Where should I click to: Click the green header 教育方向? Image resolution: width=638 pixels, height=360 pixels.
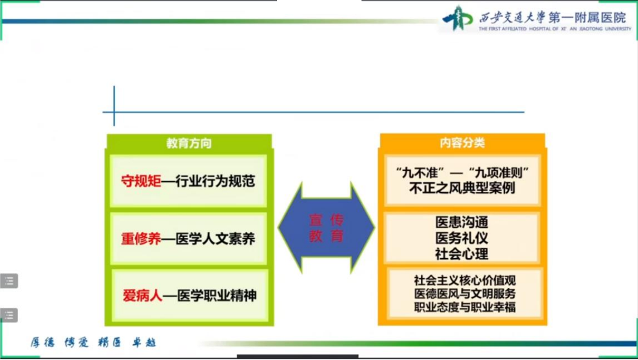pos(189,143)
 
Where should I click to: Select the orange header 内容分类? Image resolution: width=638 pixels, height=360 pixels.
pos(462,142)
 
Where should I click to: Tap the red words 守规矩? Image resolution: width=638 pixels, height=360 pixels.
pos(141,181)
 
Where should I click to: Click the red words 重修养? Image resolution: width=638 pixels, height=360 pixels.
pos(141,238)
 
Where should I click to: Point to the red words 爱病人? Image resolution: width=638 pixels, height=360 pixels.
pos(142,295)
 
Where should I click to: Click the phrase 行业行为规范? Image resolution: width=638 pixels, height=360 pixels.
pos(215,181)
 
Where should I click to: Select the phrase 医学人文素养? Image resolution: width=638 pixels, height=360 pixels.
pos(215,238)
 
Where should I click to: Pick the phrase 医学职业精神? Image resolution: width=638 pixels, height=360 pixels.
pos(216,295)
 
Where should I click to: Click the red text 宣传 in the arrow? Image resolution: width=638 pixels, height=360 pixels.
pos(326,220)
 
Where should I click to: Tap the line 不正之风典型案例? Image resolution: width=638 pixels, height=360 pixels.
pos(462,188)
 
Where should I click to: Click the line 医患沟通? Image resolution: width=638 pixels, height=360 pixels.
pos(461,222)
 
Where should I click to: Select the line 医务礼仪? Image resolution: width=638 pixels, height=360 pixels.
pos(461,238)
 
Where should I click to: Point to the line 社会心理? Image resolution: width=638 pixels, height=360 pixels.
pos(461,254)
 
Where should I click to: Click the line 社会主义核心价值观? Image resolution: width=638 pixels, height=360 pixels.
pos(465,280)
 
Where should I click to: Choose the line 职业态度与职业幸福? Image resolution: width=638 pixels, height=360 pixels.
pos(465,307)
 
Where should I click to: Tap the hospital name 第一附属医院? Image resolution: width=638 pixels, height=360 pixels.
pos(587,17)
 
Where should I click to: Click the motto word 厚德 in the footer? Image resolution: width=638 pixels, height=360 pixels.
pos(42,342)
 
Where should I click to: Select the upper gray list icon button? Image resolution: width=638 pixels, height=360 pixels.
pos(9,281)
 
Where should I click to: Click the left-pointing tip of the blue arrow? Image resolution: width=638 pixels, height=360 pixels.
pos(278,227)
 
